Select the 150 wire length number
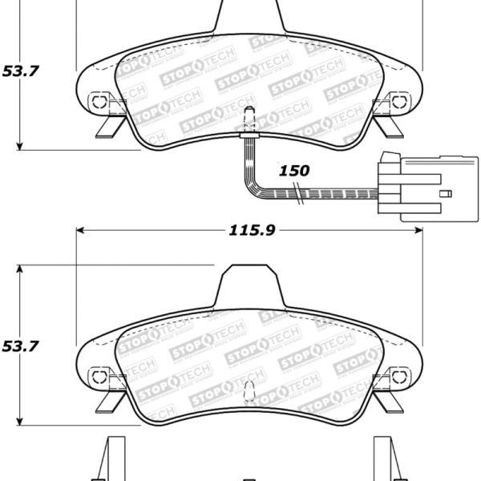pos(293,171)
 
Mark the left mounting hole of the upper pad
pos(98,102)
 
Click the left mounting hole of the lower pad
pos(98,374)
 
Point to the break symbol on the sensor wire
pos(299,192)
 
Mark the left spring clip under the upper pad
pos(106,127)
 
